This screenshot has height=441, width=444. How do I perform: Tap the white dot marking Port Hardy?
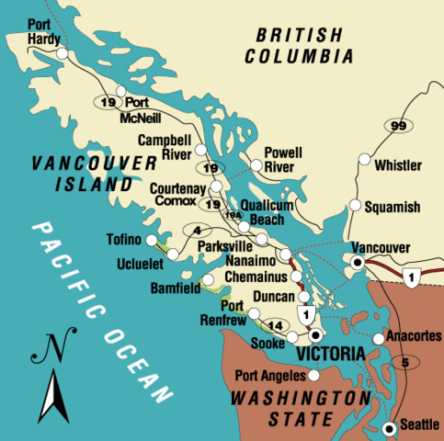63,54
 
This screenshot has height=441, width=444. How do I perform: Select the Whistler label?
398,166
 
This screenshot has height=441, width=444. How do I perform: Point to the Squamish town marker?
354,206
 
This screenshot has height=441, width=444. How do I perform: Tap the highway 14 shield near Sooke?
276,325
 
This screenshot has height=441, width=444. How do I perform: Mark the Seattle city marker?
391,425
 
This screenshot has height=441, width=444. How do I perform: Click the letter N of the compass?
51,348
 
